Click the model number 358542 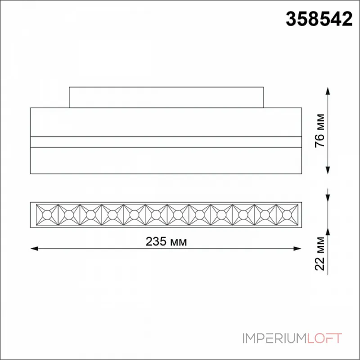pyautogui.click(x=319, y=19)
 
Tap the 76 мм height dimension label pyautogui.click(x=320, y=130)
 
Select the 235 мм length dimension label pyautogui.click(x=166, y=241)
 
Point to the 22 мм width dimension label pyautogui.click(x=320, y=253)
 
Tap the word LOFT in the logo pyautogui.click(x=324, y=338)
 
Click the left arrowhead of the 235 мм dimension pyautogui.click(x=34, y=248)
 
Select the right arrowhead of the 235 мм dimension pyautogui.click(x=297, y=248)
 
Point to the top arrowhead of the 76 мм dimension pyautogui.click(x=328, y=91)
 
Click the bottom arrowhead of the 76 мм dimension pyautogui.click(x=328, y=170)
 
